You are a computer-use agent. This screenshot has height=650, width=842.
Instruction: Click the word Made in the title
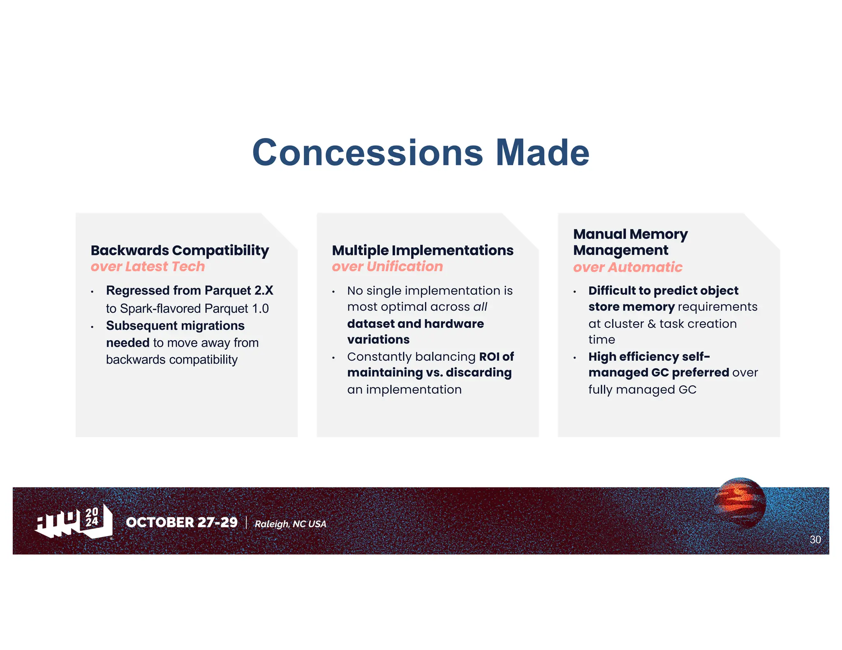(x=542, y=153)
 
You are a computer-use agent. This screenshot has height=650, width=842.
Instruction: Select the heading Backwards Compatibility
(x=180, y=250)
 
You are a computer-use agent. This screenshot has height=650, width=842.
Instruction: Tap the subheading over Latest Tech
(x=148, y=267)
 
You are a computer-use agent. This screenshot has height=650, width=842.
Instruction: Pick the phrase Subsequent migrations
(x=175, y=326)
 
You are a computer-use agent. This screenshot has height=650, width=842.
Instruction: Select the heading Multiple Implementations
(x=422, y=250)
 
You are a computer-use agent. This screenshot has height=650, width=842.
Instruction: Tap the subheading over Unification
(x=387, y=267)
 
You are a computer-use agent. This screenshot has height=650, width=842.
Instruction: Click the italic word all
(x=480, y=307)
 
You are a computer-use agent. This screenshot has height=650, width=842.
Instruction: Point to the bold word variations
(x=378, y=340)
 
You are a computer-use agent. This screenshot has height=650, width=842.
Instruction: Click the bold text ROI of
(x=496, y=357)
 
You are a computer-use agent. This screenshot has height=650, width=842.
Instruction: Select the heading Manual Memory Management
(x=630, y=242)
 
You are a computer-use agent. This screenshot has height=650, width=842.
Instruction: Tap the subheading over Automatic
(x=627, y=267)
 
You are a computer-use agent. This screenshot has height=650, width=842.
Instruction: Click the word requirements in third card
(x=717, y=307)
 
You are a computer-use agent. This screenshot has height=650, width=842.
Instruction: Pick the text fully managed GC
(x=642, y=390)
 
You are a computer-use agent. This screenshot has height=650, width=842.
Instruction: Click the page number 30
(x=815, y=539)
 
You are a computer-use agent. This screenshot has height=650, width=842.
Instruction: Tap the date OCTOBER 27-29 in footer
(x=182, y=522)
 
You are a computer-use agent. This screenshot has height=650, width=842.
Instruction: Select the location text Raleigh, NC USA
(x=290, y=524)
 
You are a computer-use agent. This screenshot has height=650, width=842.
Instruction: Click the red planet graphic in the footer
(x=740, y=502)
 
